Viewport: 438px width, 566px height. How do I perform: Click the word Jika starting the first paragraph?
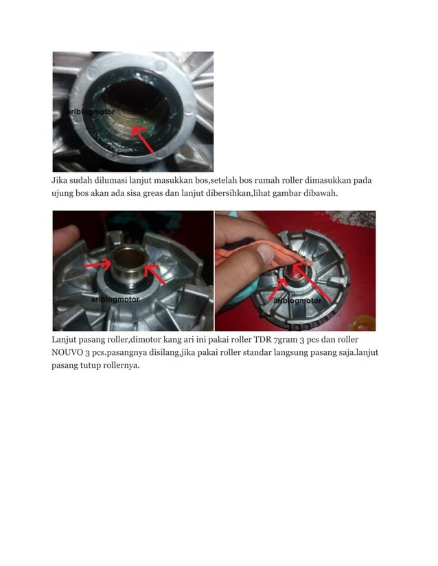[x=61, y=180]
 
